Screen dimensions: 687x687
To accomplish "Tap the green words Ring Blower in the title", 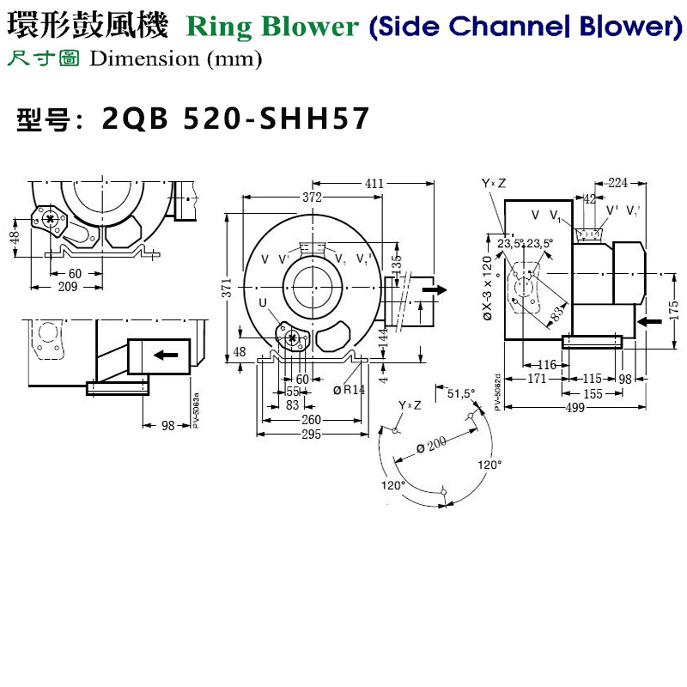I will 271,27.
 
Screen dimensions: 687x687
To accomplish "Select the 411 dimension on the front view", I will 374,184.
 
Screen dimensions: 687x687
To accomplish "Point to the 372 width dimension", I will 311,198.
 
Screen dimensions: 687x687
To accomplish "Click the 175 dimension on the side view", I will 673,307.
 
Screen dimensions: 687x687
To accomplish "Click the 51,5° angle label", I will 460,394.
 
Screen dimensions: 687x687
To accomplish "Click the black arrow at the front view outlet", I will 435,290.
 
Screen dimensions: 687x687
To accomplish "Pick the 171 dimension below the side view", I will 537,379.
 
